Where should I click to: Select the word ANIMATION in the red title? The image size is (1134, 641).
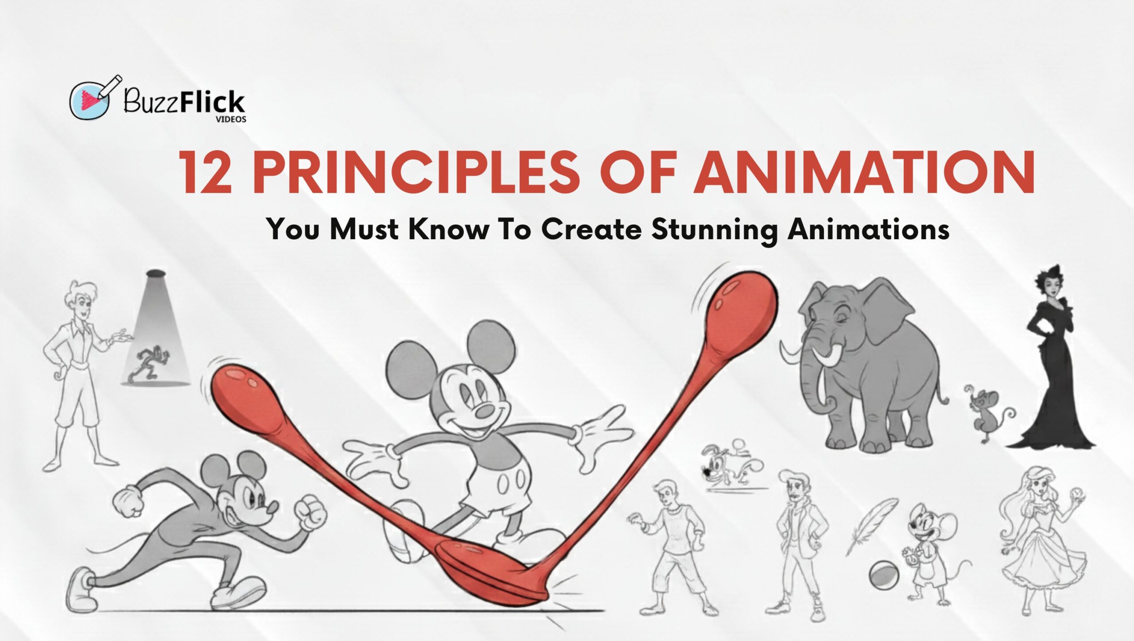point(864,173)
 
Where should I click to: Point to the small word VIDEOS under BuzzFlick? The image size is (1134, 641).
point(231,120)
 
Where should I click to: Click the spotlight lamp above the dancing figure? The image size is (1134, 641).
point(155,274)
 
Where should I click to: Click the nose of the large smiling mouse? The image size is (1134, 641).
point(484,412)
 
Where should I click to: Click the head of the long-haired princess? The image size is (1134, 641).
point(1039,485)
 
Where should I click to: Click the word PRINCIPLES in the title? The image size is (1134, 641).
point(416,173)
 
